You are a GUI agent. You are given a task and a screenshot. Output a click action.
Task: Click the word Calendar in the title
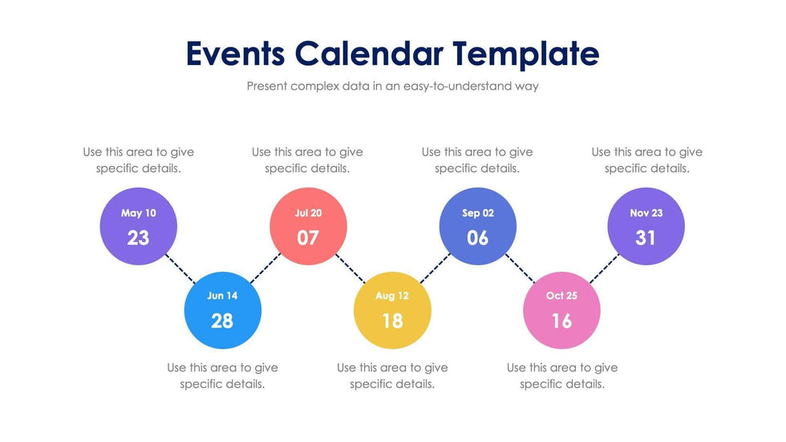tap(369, 54)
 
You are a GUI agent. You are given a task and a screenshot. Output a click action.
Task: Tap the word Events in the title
tap(235, 54)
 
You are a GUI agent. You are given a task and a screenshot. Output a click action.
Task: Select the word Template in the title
tap(525, 54)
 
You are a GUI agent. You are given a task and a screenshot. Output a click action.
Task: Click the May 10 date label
tap(139, 213)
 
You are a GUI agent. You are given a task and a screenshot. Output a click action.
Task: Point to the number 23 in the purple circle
tap(139, 237)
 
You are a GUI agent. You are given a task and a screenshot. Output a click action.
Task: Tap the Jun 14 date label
tap(222, 296)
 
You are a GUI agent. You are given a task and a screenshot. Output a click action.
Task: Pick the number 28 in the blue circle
tap(222, 321)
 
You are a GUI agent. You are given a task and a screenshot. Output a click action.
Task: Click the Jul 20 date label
tap(308, 213)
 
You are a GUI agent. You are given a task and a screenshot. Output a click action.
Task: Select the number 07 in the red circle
tap(308, 237)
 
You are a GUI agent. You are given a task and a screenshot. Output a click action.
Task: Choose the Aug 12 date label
tap(392, 296)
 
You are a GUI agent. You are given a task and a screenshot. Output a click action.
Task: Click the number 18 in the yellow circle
tap(392, 321)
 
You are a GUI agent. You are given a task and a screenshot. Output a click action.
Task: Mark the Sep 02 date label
tap(478, 213)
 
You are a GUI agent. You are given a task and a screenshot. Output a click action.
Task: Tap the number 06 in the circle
tap(478, 237)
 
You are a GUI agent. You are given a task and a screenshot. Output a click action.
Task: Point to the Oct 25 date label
tap(561, 296)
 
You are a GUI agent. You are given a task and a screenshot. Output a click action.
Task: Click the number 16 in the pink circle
tap(561, 321)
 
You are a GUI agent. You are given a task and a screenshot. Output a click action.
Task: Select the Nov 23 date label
tap(646, 213)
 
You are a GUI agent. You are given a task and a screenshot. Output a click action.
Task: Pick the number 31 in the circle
tap(646, 237)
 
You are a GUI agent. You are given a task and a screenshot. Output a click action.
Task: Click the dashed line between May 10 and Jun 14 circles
tap(181, 268)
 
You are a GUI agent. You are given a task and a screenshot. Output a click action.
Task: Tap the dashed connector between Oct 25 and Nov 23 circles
tap(605, 268)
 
